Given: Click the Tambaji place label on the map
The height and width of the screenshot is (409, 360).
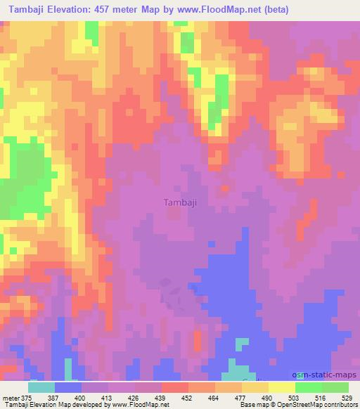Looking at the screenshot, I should coord(179,202).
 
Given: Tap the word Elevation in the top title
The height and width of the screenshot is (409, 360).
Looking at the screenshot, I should coord(79,10).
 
